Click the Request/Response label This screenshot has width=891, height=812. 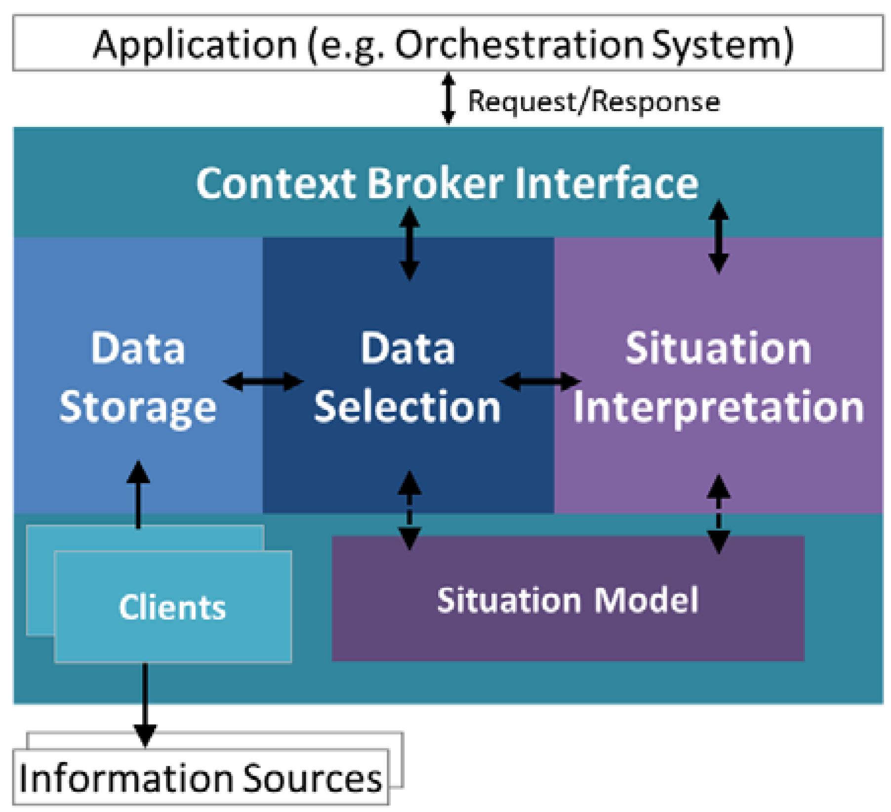594,102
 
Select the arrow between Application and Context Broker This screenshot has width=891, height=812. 448,98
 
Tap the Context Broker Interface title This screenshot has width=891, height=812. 447,183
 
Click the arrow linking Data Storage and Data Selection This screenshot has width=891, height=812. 263,381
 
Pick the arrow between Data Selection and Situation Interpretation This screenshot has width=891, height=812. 540,381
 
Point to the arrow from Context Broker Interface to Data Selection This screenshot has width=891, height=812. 409,243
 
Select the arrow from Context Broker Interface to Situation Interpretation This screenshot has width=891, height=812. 718,237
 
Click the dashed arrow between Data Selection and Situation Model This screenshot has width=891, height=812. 409,510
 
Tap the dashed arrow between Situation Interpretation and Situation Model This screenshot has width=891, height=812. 718,514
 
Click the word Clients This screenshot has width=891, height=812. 172,607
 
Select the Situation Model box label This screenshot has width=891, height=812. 567,600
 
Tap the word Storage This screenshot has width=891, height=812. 138,407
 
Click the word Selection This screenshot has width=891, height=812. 407,407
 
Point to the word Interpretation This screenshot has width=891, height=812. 718,407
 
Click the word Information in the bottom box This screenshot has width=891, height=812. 126,779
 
